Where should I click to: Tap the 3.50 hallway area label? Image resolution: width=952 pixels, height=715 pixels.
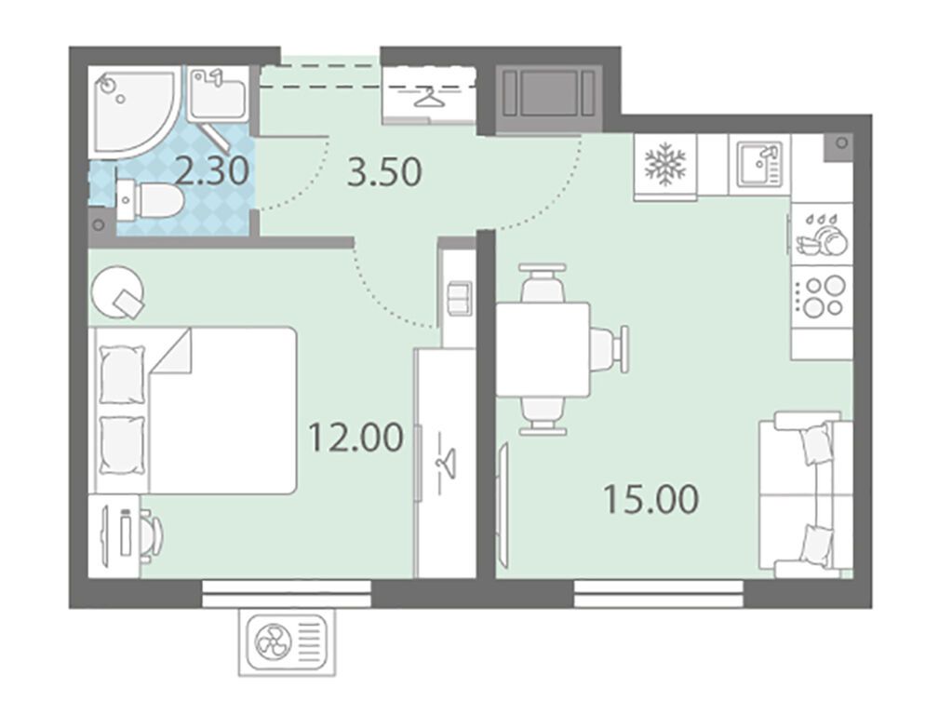(384, 172)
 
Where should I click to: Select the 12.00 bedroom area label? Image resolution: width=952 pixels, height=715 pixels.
(355, 438)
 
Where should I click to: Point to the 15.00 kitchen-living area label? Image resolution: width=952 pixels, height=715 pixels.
(650, 499)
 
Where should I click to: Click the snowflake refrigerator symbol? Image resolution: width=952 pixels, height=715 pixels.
(664, 164)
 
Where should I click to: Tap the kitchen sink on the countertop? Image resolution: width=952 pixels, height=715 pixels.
(759, 164)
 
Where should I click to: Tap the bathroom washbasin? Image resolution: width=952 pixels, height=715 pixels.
(218, 94)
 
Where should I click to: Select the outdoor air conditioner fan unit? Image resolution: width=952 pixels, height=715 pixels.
(287, 642)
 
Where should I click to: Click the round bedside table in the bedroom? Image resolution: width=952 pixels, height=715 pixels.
(118, 293)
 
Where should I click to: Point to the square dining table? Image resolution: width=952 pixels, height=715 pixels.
(543, 349)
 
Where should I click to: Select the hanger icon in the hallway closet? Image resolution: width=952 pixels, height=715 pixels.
(429, 96)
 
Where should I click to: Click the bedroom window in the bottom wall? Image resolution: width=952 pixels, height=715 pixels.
(286, 593)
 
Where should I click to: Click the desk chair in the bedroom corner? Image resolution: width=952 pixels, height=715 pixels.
(152, 533)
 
